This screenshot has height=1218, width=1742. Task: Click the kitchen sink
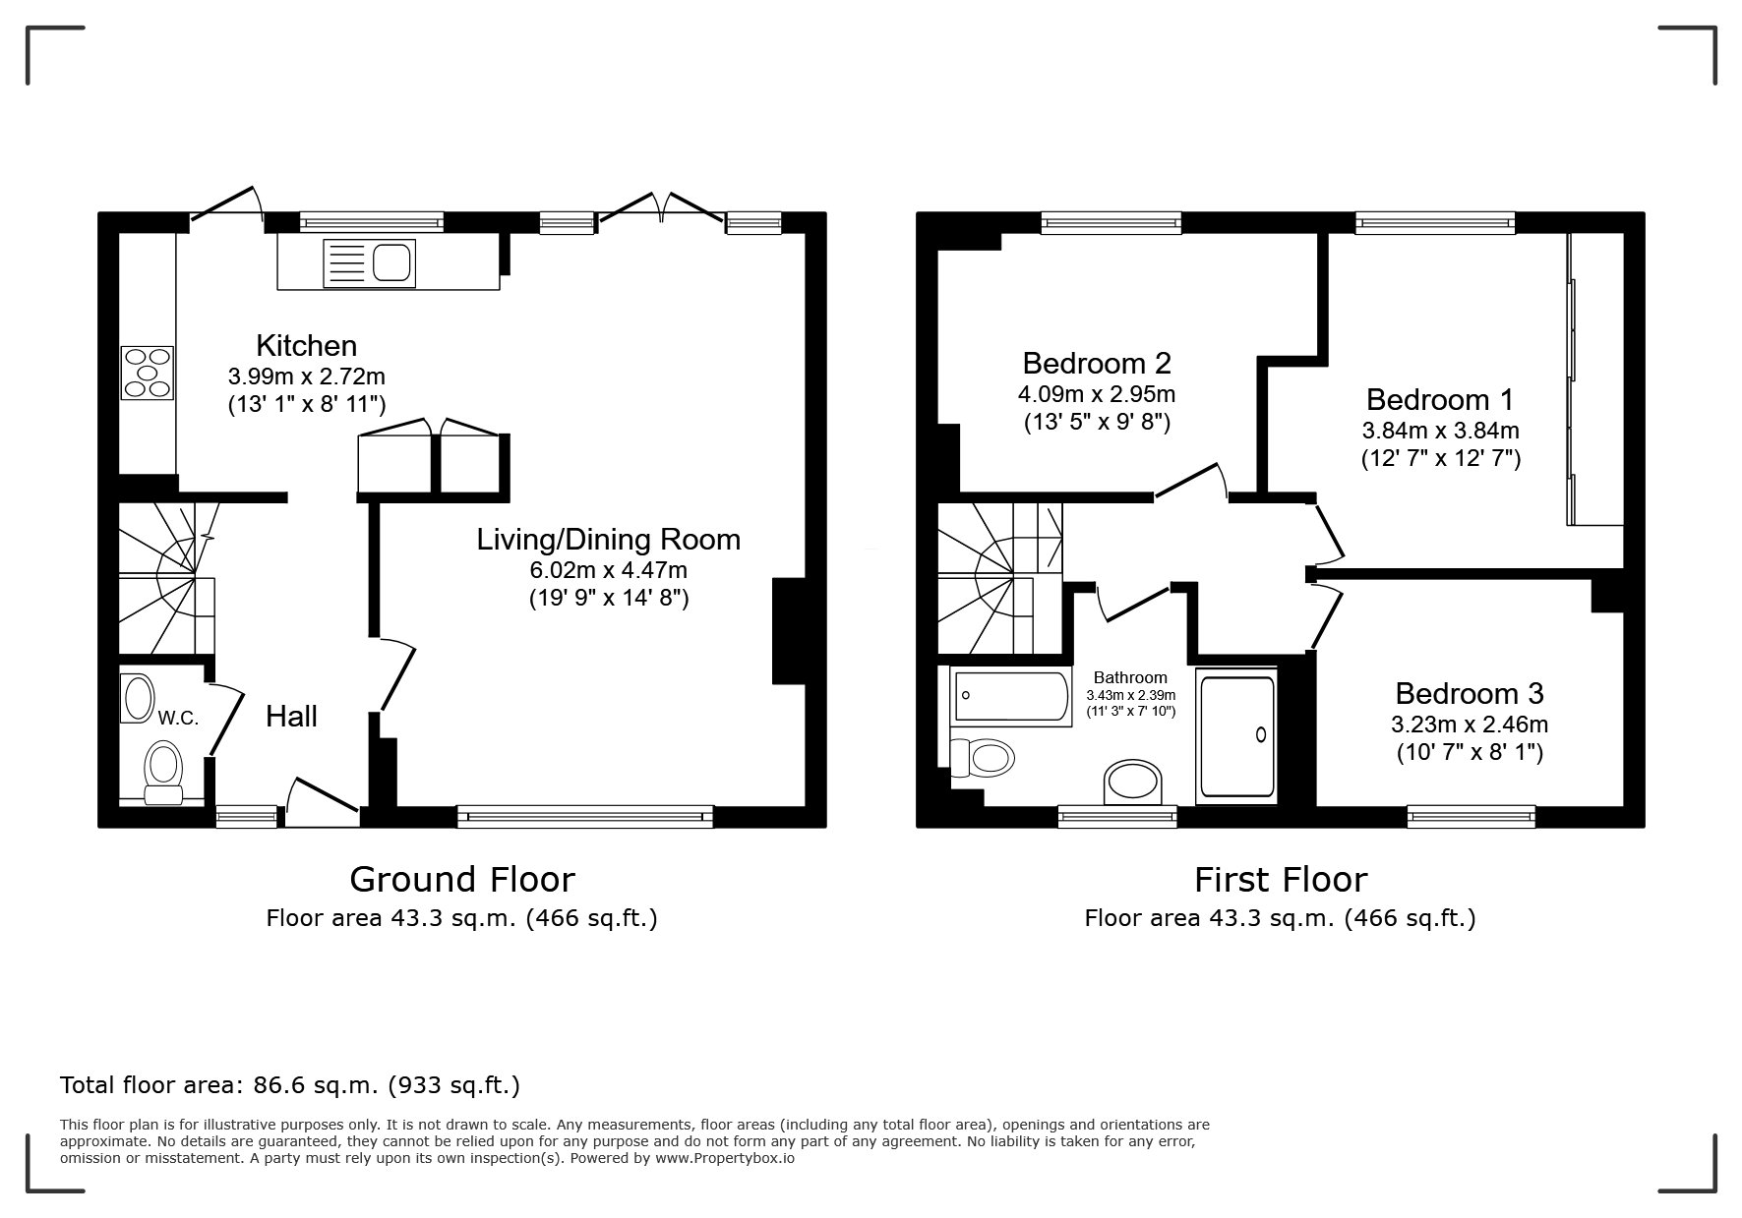point(370,262)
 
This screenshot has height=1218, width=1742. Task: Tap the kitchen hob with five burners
point(147,373)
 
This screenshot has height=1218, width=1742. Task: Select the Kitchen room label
point(306,345)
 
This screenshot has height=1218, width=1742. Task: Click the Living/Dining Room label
point(609,540)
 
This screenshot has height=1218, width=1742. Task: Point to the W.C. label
point(178,718)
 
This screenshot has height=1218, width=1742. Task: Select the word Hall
point(291,717)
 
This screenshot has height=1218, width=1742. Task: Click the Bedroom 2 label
point(1097,363)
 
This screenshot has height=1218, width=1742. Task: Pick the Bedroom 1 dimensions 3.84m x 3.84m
point(1441,431)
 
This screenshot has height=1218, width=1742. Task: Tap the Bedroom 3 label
point(1470,694)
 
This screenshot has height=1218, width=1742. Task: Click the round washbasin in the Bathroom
point(1133,783)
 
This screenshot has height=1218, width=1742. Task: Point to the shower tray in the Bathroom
point(1236,734)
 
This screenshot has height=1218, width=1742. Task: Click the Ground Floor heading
point(462,878)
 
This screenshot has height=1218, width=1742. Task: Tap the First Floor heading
point(1281,878)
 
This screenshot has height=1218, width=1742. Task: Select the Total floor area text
point(290,1085)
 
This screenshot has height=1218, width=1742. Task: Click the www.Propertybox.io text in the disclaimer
point(725,1158)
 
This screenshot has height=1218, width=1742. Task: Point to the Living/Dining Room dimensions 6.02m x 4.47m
point(609,570)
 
